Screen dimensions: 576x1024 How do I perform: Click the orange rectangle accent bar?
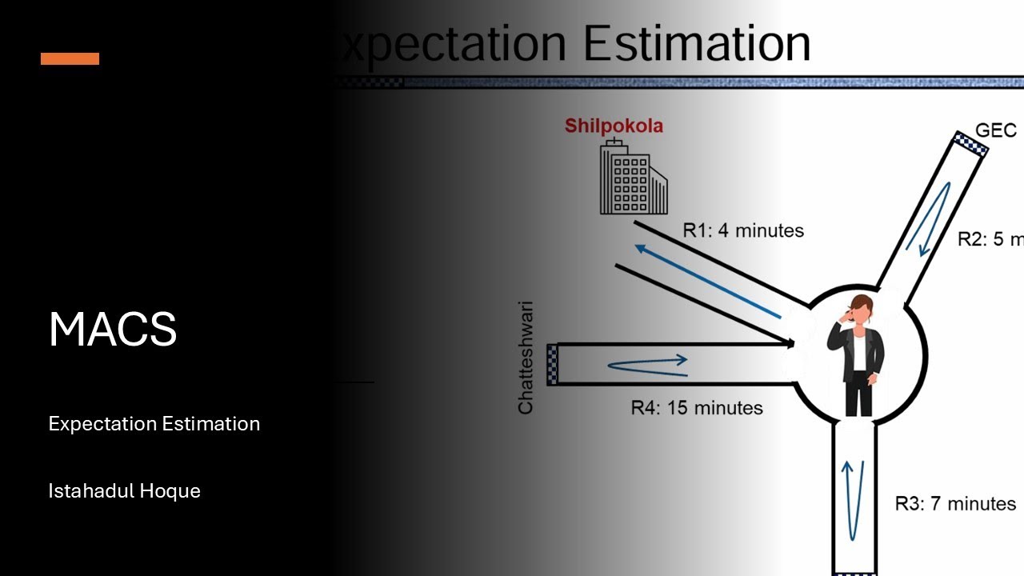(70, 58)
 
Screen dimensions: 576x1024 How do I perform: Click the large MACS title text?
(113, 329)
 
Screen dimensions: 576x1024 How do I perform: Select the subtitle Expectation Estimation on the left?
(154, 423)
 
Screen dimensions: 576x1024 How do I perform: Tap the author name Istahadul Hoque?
(124, 490)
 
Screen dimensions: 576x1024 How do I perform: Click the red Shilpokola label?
(614, 126)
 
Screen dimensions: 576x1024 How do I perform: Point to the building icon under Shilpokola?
(632, 178)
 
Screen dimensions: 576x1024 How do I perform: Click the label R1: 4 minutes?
(742, 230)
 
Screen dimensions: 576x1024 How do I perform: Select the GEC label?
(996, 130)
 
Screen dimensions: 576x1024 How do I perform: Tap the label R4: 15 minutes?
(696, 408)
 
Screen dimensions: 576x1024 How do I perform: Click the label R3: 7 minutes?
(955, 504)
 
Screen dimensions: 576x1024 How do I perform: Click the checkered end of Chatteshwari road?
(552, 365)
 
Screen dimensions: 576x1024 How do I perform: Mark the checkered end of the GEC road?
(970, 143)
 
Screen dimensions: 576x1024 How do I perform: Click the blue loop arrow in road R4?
(647, 364)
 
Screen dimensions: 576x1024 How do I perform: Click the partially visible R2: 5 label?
(990, 238)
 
